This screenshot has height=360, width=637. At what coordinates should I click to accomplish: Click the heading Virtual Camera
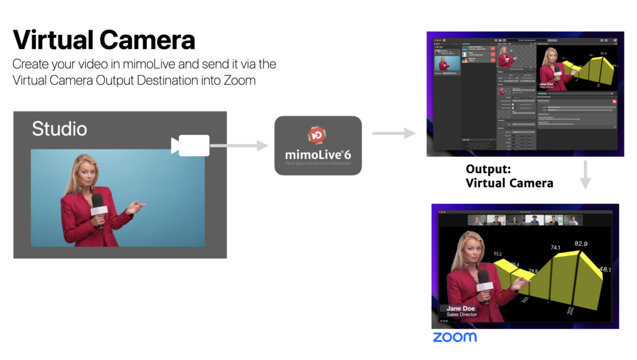tap(104, 40)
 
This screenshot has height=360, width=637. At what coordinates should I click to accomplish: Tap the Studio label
tap(60, 129)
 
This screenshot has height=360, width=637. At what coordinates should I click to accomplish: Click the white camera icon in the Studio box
tap(190, 145)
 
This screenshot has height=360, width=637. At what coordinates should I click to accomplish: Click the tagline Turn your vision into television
tap(318, 164)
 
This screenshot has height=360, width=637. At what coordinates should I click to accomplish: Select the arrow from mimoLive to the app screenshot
tap(393, 133)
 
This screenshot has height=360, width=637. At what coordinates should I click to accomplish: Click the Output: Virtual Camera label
tap(509, 176)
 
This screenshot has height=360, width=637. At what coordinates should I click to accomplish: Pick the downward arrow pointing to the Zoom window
tap(585, 175)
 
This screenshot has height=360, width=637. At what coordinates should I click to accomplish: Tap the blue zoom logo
tap(455, 337)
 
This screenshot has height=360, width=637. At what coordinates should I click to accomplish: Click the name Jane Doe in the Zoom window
tap(461, 308)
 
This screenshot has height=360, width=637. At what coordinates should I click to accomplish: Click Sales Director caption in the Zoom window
tap(462, 315)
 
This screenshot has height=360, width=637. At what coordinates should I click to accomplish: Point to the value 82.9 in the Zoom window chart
tap(580, 244)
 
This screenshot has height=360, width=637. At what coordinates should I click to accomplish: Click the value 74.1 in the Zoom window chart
tap(556, 247)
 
